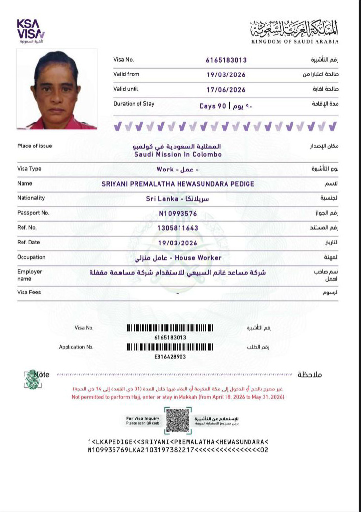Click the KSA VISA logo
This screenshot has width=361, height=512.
30,30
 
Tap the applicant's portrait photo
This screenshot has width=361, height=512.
57,89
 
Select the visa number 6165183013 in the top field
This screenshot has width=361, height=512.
226,60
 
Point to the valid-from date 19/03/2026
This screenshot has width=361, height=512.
226,75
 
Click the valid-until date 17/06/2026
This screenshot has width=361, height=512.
226,90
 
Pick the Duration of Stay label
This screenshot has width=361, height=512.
134,104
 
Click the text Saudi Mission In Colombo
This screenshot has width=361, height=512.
178,154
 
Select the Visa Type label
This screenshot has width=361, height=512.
29,169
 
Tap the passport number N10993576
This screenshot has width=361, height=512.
178,213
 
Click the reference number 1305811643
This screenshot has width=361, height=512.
178,228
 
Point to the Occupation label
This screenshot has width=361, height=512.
31,257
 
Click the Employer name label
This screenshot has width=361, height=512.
29,275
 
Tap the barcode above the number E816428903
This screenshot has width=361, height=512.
170,347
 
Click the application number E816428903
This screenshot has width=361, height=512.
170,357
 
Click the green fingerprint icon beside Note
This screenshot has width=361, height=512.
32,379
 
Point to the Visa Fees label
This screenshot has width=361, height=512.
29,293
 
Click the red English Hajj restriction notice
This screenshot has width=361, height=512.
178,397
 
